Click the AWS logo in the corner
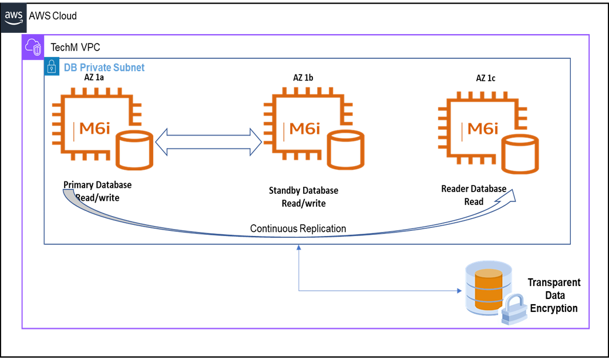15,16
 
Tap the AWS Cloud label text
53,16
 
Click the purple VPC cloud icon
32,47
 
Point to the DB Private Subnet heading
104,68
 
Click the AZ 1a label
94,78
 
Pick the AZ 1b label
304,78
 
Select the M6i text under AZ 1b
305,128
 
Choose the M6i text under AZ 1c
482,128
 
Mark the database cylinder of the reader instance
520,154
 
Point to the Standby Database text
303,190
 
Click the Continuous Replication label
298,228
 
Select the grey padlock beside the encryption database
512,308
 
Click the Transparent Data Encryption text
554,295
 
